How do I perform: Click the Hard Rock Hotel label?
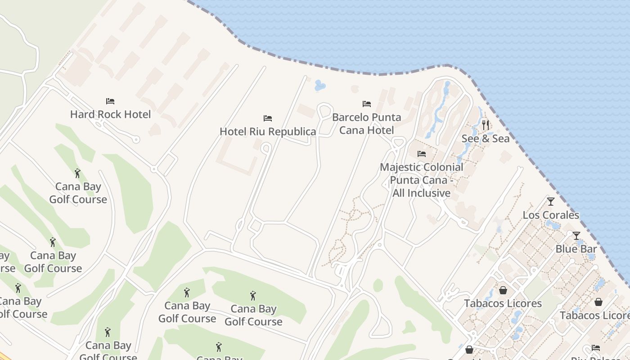(x=110, y=114)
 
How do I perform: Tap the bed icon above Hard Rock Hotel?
(x=110, y=101)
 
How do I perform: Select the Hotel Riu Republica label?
(x=268, y=131)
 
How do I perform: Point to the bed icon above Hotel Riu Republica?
(x=268, y=118)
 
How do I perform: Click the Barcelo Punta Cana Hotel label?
(x=366, y=124)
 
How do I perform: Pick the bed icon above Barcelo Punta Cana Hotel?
(x=367, y=104)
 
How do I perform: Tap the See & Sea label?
(x=486, y=139)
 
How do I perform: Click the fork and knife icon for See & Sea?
(x=486, y=125)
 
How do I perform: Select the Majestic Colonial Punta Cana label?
(x=422, y=180)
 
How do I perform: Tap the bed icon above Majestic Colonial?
(x=422, y=154)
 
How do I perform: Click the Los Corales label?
(x=551, y=215)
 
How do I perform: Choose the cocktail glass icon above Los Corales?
(x=551, y=201)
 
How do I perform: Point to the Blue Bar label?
(x=576, y=249)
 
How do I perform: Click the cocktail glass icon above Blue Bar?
(x=576, y=235)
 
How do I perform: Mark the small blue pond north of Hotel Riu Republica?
(x=320, y=85)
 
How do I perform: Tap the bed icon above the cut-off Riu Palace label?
(x=596, y=347)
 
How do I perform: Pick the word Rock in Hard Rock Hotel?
(x=109, y=114)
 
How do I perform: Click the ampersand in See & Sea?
(x=486, y=139)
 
